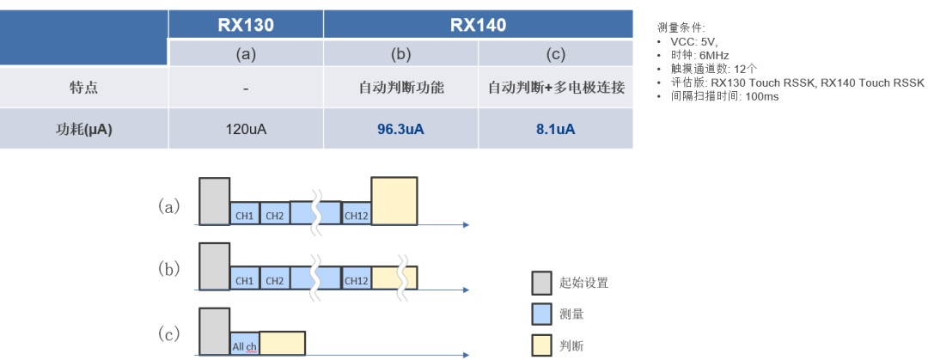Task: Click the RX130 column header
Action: pos(246,25)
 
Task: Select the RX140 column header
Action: pos(478,25)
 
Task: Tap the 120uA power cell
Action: pos(246,129)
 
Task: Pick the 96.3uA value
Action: pos(401,129)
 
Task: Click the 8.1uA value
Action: pos(555,129)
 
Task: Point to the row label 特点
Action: pos(83,88)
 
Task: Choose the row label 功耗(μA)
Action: pos(83,129)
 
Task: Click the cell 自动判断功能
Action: pos(401,88)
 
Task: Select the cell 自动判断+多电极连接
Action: pos(556,88)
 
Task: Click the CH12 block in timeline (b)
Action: pos(356,279)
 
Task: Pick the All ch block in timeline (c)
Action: pos(244,344)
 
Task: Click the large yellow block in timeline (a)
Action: pos(394,201)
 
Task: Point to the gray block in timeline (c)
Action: pos(214,332)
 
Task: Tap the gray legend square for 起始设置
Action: pos(541,283)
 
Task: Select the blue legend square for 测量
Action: pos(541,314)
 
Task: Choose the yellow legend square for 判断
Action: pos(541,346)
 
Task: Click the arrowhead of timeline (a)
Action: pos(466,225)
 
